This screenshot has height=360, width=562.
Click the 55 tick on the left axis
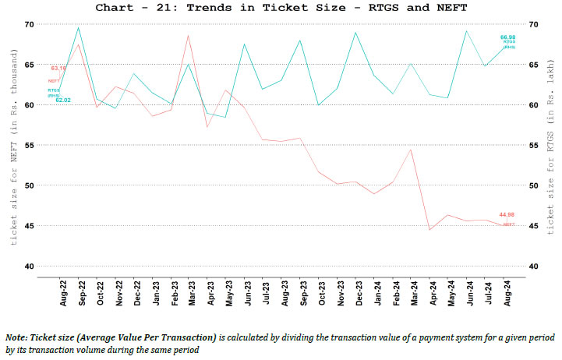click(29, 145)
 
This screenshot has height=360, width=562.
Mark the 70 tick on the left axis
click(29, 24)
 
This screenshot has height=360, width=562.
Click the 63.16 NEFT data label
click(58, 69)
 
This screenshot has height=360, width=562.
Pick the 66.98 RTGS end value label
click(508, 37)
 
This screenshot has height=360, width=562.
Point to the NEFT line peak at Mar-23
click(189, 35)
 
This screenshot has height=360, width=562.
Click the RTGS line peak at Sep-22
click(79, 27)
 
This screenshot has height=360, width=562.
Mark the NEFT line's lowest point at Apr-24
click(429, 230)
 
